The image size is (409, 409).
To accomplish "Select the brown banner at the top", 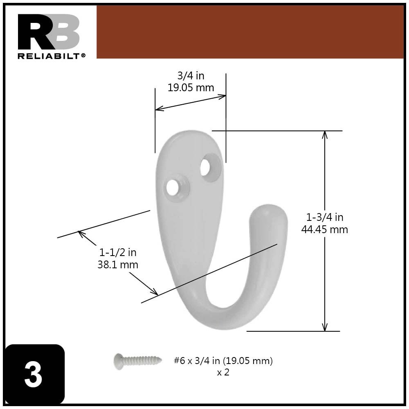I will [x=249, y=32].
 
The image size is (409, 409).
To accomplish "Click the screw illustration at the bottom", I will [x=135, y=360].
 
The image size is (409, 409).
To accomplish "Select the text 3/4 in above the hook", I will [x=191, y=76].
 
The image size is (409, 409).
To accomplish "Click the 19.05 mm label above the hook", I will [x=191, y=88].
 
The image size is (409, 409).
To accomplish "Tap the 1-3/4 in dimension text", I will [x=325, y=217].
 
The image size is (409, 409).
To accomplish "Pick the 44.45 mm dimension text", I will [x=325, y=229].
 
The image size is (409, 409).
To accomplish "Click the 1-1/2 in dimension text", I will [x=118, y=252].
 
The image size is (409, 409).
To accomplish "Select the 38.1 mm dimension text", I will [x=118, y=265].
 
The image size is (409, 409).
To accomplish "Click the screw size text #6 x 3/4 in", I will [x=223, y=361].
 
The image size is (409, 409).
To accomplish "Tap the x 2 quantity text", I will [x=223, y=373].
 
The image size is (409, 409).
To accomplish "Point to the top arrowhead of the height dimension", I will [x=325, y=134].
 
